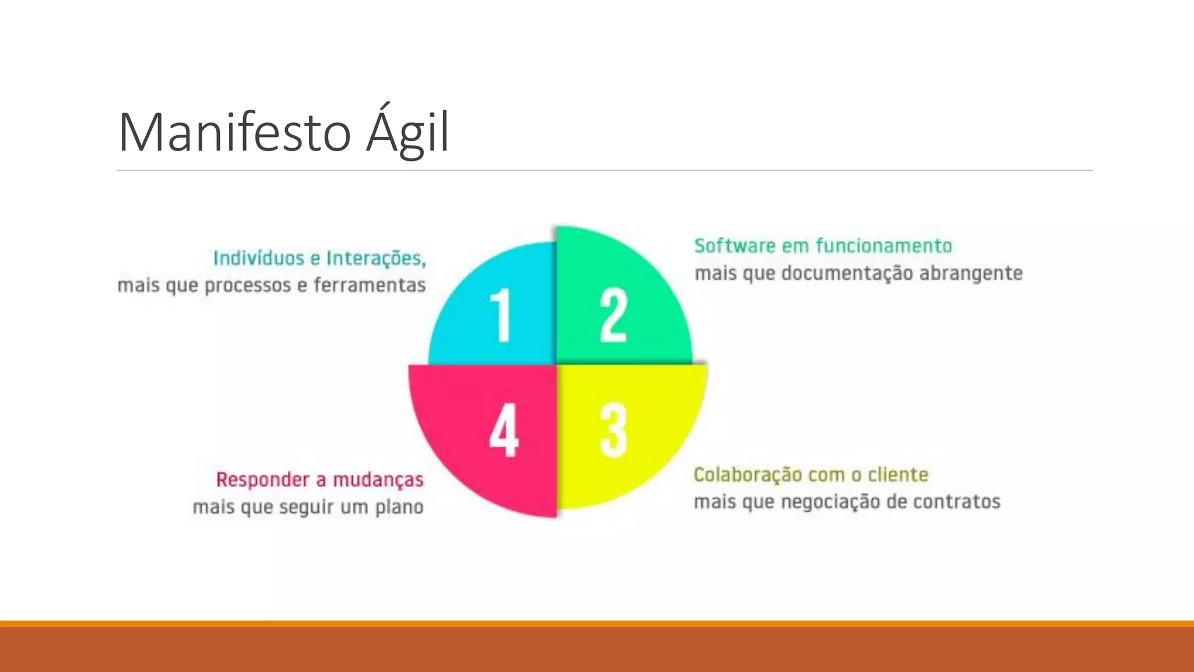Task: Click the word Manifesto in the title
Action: pos(234,133)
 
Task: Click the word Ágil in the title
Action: pos(408,133)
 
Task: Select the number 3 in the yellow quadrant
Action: pos(613,430)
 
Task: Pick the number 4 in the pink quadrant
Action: pos(504,430)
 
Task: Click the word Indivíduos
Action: pos(258,258)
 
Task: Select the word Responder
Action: pos(262,480)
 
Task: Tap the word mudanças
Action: pos(378,480)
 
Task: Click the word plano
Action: pos(399,507)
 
